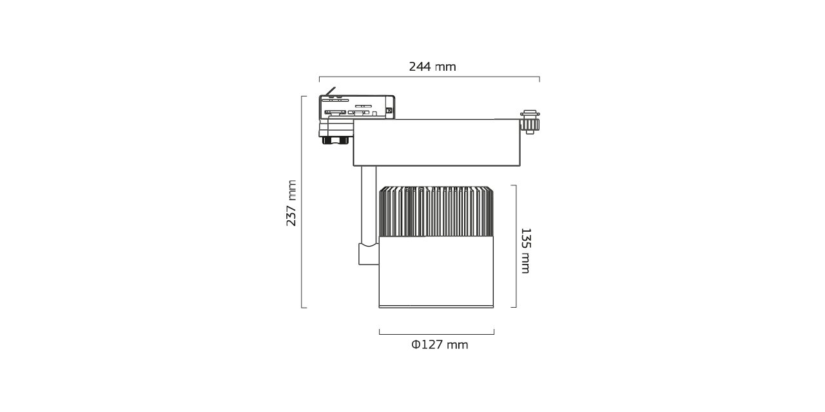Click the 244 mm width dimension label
tap(432, 67)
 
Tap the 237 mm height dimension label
tap(291, 203)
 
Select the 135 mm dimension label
tap(525, 251)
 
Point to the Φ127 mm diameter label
tap(440, 345)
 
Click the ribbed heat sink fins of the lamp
tap(436, 212)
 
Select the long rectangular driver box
tap(437, 142)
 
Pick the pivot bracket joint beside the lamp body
tap(369, 254)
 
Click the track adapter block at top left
tap(357, 107)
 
